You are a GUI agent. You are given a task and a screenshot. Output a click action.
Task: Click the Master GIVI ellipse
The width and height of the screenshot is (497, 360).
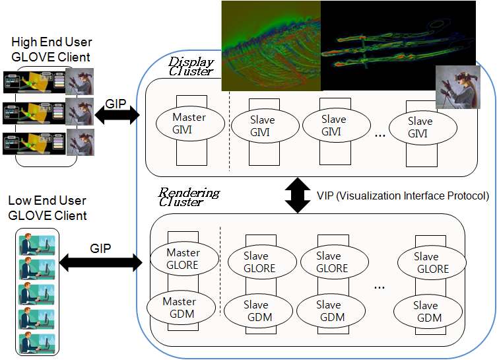[189, 124]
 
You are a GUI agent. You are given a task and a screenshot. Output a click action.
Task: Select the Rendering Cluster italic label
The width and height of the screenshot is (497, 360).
[189, 198]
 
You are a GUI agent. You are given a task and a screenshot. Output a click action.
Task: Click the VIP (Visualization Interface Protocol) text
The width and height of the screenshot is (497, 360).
[403, 196]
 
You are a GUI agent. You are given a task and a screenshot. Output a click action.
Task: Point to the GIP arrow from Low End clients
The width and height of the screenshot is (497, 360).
[100, 262]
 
